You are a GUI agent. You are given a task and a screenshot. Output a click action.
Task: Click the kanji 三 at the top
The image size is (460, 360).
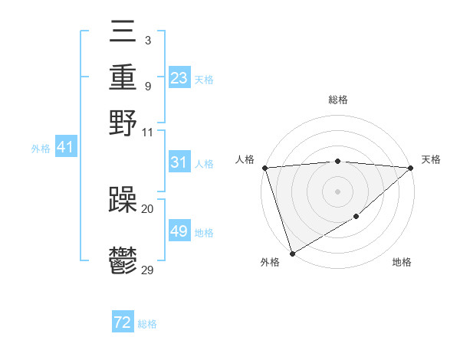pos(123,33)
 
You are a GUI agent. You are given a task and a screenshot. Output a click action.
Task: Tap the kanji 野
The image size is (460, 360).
pos(123,122)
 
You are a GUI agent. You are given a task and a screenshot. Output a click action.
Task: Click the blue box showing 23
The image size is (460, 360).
pos(179,78)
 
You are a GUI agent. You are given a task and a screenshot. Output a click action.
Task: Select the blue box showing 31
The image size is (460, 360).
pos(179,162)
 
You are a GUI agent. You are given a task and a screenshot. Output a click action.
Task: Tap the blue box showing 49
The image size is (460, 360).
pos(179,231)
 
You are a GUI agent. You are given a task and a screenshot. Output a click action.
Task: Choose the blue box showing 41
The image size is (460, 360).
pos(65,147)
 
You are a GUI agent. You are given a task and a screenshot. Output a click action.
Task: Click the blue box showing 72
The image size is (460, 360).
pos(123,322)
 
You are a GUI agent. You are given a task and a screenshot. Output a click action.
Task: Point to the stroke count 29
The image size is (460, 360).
pos(148,270)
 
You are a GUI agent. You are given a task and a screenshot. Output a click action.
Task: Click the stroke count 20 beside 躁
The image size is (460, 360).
pos(148,208)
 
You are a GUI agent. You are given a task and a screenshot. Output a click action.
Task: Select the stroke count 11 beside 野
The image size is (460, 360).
pos(148,132)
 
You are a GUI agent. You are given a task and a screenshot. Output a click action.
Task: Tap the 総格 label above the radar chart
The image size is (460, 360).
pos(337,100)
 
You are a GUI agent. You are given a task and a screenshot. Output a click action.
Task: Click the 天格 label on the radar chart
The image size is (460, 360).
pos(431,159)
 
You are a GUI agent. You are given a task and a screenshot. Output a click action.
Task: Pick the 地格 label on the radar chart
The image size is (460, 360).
pos(402,263)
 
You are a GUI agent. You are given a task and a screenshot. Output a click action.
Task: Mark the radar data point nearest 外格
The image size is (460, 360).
pos(292,254)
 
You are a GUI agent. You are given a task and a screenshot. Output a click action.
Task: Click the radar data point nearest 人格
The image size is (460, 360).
pos(264,168)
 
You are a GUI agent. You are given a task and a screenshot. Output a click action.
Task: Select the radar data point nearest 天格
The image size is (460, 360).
pos(411,168)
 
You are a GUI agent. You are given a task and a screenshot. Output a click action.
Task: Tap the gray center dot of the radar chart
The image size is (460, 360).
pos(337,191)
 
